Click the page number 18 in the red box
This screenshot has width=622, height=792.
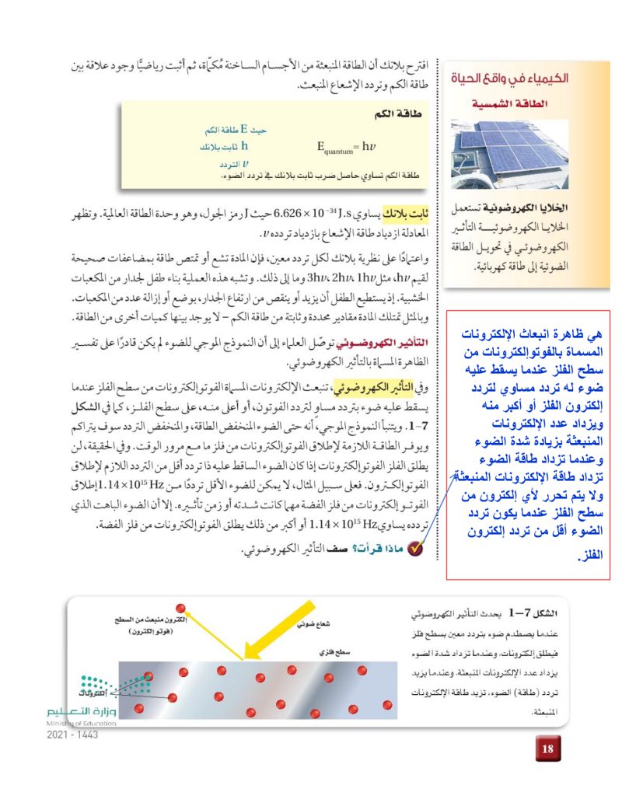click(x=547, y=748)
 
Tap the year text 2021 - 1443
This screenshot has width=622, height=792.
click(x=72, y=735)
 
